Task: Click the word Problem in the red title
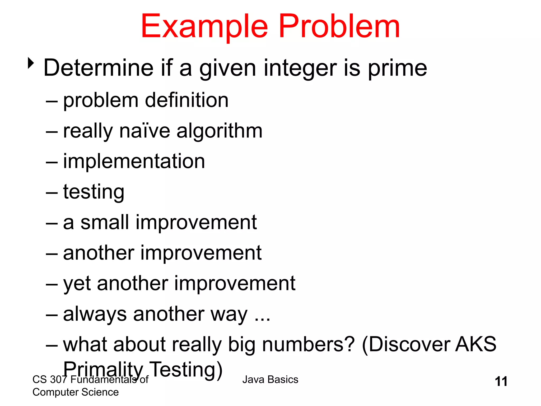tap(339, 26)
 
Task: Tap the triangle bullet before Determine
tap(31, 63)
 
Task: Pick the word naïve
tap(145, 131)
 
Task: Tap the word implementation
tap(134, 162)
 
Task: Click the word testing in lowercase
tap(94, 192)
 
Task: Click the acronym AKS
tap(475, 344)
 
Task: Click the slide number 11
tap(501, 381)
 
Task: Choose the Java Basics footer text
tap(270, 380)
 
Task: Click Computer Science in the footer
tap(76, 392)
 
